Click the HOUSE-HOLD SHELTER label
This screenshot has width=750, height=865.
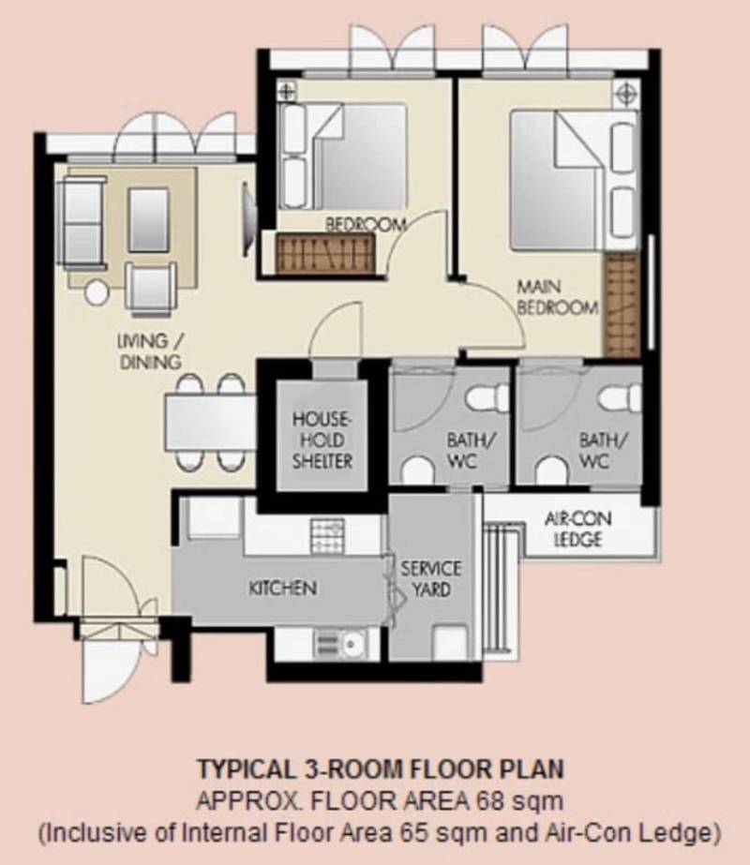click(x=322, y=440)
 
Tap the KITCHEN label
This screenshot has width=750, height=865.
click(x=282, y=588)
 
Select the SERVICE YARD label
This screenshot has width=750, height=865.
click(x=431, y=578)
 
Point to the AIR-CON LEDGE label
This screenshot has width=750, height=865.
click(x=577, y=529)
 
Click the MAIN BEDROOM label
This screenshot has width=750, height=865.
click(x=557, y=297)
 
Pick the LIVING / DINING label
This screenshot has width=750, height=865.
click(x=150, y=350)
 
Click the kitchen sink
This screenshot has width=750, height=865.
click(x=338, y=643)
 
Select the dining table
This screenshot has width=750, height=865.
click(x=210, y=423)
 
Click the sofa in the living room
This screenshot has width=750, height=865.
click(x=82, y=222)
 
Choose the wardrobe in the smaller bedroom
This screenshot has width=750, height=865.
click(x=325, y=253)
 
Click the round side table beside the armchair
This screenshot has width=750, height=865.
click(x=97, y=291)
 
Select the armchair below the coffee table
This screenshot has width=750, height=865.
click(x=151, y=289)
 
